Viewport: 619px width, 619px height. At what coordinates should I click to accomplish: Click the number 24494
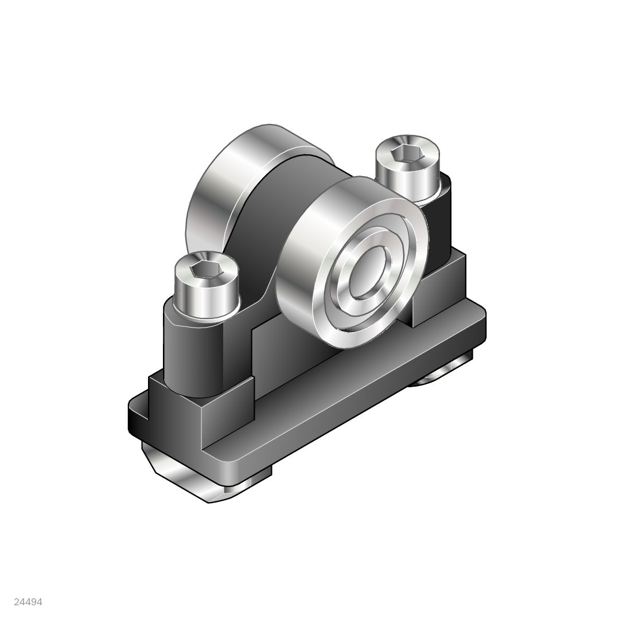pyautogui.click(x=28, y=602)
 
